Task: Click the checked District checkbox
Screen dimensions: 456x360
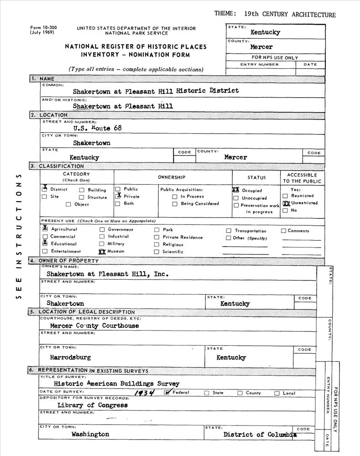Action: [45, 189]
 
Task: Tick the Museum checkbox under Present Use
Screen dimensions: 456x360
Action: [102, 251]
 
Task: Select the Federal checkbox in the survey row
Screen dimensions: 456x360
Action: [167, 392]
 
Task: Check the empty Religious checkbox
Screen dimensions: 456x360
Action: [157, 244]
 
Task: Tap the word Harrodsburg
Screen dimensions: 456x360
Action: [70, 357]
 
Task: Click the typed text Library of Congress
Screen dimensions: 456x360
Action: [93, 405]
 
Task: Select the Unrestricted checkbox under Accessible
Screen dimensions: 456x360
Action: [286, 203]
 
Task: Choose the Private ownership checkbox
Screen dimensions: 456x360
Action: [118, 196]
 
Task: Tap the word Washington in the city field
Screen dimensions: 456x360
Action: [90, 435]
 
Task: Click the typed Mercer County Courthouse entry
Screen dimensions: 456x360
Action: [94, 326]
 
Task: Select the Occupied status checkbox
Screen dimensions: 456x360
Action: [236, 190]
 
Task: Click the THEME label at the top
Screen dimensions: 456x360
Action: [225, 14]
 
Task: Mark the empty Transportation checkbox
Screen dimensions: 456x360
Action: [229, 231]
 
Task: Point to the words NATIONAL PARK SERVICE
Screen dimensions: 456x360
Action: [136, 33]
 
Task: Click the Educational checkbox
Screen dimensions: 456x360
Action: [45, 244]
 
